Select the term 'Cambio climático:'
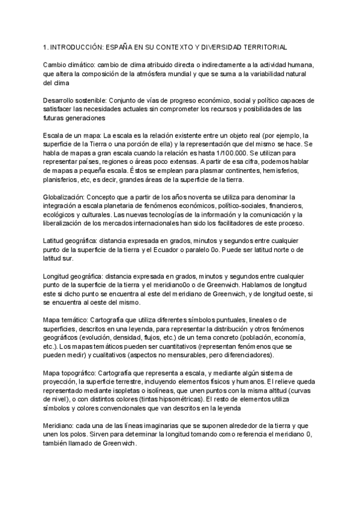67,65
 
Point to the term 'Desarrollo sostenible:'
76,100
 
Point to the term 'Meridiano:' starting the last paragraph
59,426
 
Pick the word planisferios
61,181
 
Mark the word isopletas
135,390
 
